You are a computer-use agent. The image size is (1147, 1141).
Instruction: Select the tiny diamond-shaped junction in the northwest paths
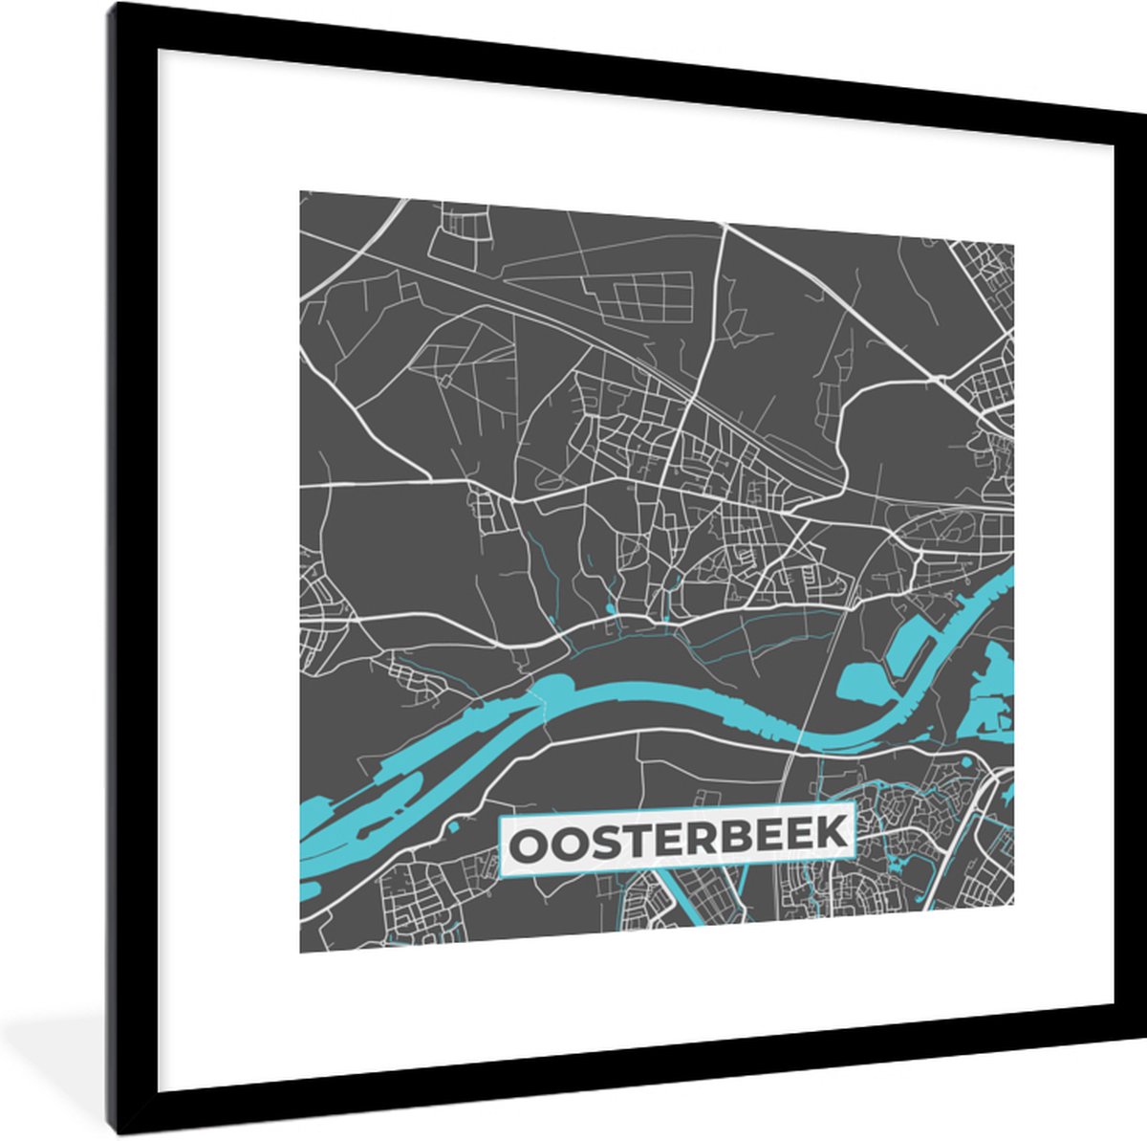[x=444, y=380]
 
